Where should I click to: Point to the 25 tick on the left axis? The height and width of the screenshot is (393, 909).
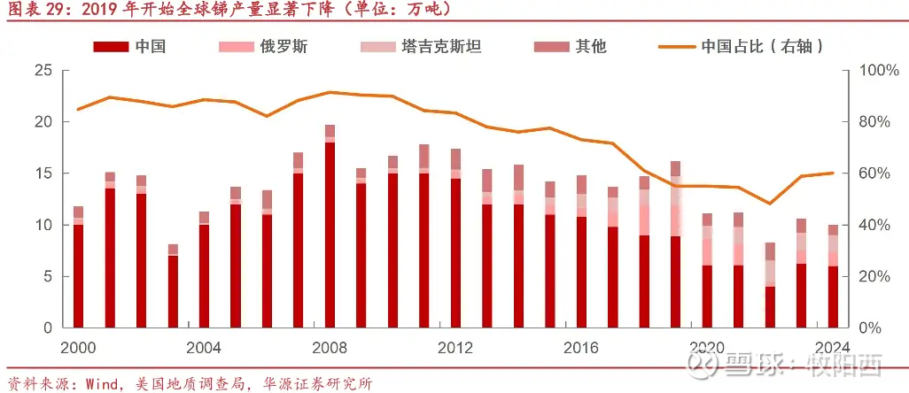click(x=43, y=70)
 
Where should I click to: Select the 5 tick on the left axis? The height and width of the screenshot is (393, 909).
click(x=47, y=276)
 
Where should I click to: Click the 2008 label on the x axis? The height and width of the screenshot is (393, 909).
click(x=330, y=346)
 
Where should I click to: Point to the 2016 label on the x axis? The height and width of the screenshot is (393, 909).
click(x=581, y=346)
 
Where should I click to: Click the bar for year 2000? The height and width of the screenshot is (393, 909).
click(x=78, y=270)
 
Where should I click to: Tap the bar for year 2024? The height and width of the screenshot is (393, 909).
click(x=833, y=279)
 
